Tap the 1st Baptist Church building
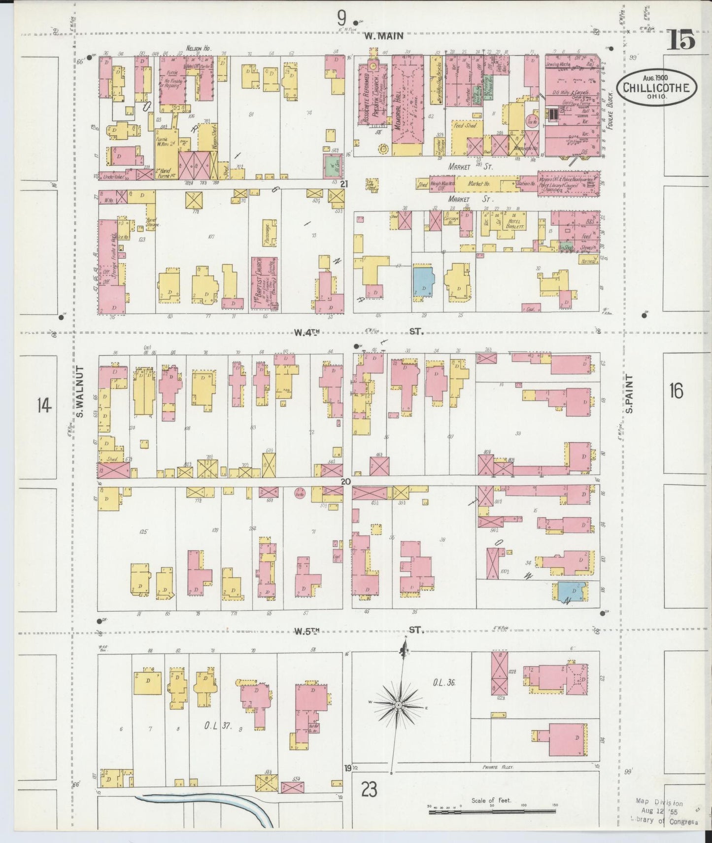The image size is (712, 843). point(264,283)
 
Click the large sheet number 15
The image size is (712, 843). point(681,39)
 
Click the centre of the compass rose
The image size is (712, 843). point(398,705)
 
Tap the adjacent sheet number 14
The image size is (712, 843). point(44,406)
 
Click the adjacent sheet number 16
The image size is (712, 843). point(677,391)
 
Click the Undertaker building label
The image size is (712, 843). point(112,176)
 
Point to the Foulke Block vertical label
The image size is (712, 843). point(610,111)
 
